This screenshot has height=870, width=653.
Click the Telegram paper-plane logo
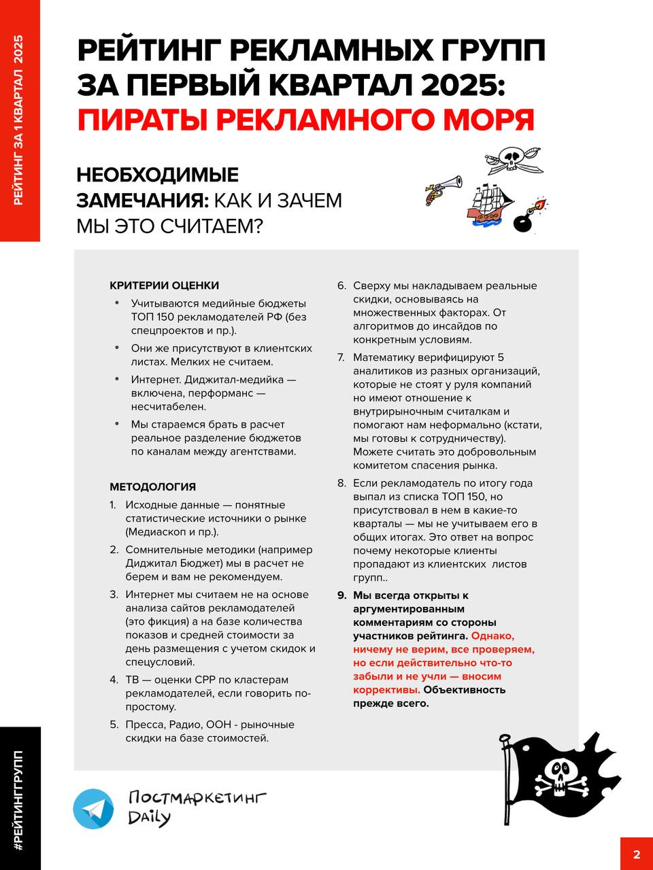93,809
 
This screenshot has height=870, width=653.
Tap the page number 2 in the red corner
637,854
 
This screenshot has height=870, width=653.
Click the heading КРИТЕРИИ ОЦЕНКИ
164,285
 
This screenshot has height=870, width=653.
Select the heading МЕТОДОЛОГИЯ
152,487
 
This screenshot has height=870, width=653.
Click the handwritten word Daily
149,817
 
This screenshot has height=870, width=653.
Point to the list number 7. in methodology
341,358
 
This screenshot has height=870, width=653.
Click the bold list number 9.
341,595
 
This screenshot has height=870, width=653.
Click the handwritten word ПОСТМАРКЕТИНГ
197,797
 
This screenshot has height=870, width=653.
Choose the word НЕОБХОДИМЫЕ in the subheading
157,175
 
